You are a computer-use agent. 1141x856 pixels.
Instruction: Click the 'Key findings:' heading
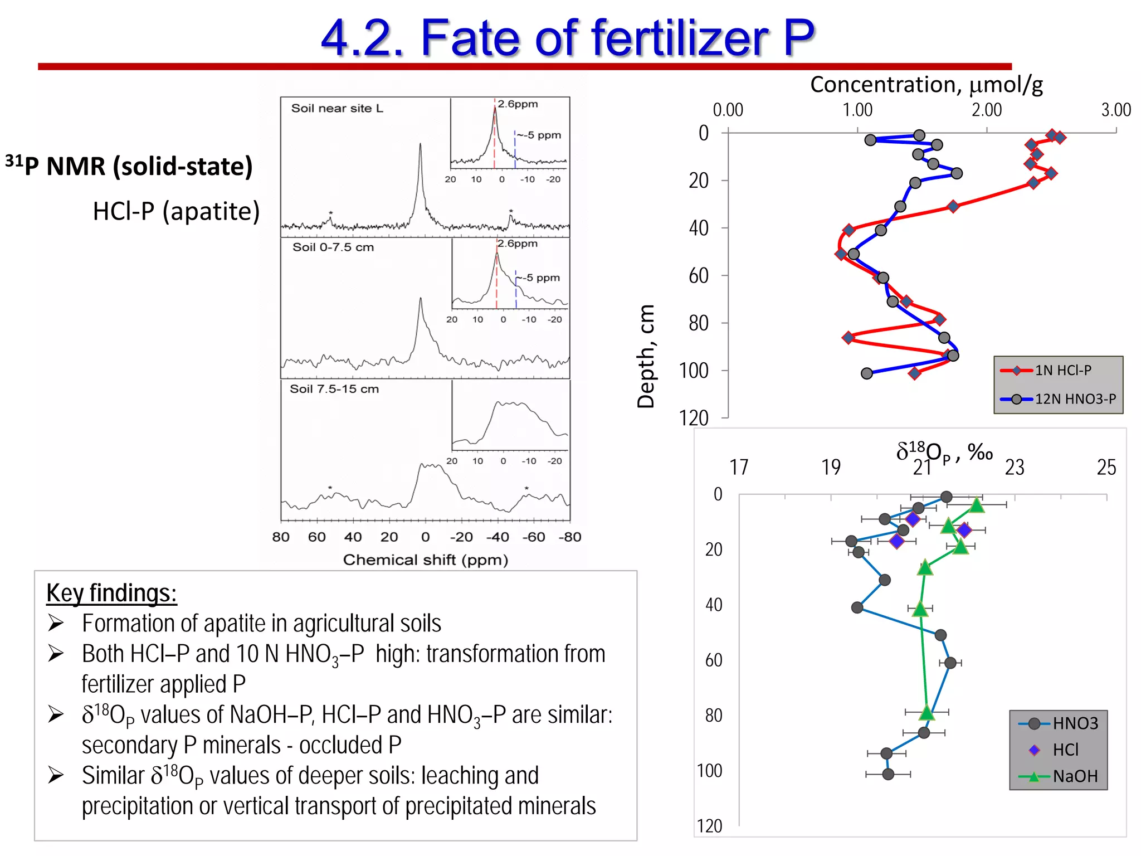tap(111, 593)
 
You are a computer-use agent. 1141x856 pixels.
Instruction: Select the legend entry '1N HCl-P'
tap(1062, 370)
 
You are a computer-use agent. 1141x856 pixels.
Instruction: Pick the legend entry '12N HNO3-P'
tap(1075, 399)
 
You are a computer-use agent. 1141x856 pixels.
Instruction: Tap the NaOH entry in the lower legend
tap(1075, 776)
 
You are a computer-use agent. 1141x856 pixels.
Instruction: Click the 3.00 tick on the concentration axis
tap(1115, 110)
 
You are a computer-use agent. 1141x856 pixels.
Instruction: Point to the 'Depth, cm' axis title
tap(646, 357)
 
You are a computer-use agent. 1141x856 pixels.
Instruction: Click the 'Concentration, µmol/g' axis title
tap(926, 85)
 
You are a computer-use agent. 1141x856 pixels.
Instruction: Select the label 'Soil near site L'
tap(337, 108)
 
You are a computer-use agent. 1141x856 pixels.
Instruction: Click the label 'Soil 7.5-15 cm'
tap(334, 389)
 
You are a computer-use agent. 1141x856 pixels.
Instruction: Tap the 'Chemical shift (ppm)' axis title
tap(425, 560)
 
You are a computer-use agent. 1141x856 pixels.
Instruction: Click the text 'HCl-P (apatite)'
tap(176, 211)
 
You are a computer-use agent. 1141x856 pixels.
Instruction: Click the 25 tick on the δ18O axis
tap(1106, 467)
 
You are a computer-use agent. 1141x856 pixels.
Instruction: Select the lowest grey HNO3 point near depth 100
tap(888, 774)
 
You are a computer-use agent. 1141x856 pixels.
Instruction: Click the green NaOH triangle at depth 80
tap(927, 712)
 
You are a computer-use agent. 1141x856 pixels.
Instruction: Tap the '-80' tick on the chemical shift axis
tap(569, 537)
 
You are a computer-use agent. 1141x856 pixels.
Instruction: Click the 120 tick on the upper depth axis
tap(694, 418)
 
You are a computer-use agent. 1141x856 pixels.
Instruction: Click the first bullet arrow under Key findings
tap(56, 623)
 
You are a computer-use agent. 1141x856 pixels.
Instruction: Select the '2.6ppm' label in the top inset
tap(518, 104)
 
